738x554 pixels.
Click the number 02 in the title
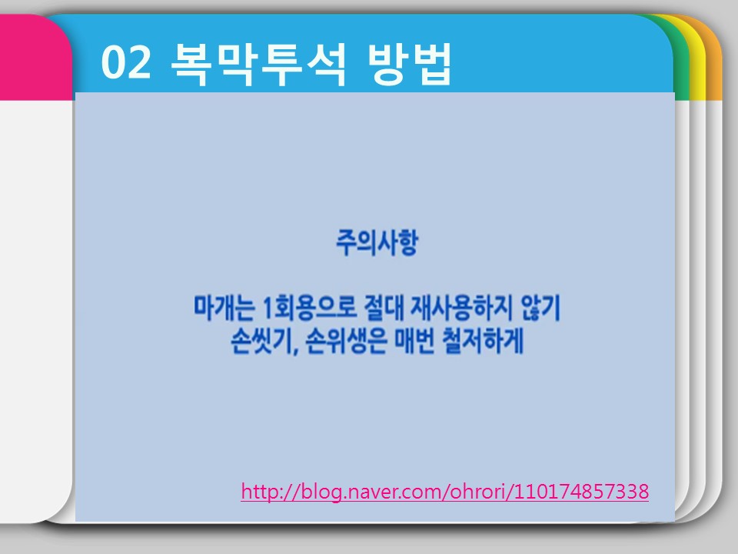coord(126,62)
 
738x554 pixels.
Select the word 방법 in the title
coord(409,64)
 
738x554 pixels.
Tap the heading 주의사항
coord(377,243)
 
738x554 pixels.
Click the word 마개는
coord(224,308)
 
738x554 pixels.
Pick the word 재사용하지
coord(462,308)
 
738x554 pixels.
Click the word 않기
coord(540,308)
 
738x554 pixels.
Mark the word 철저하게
coord(483,341)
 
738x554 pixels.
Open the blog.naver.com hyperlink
coord(445,492)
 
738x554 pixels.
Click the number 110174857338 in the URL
coord(581,491)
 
